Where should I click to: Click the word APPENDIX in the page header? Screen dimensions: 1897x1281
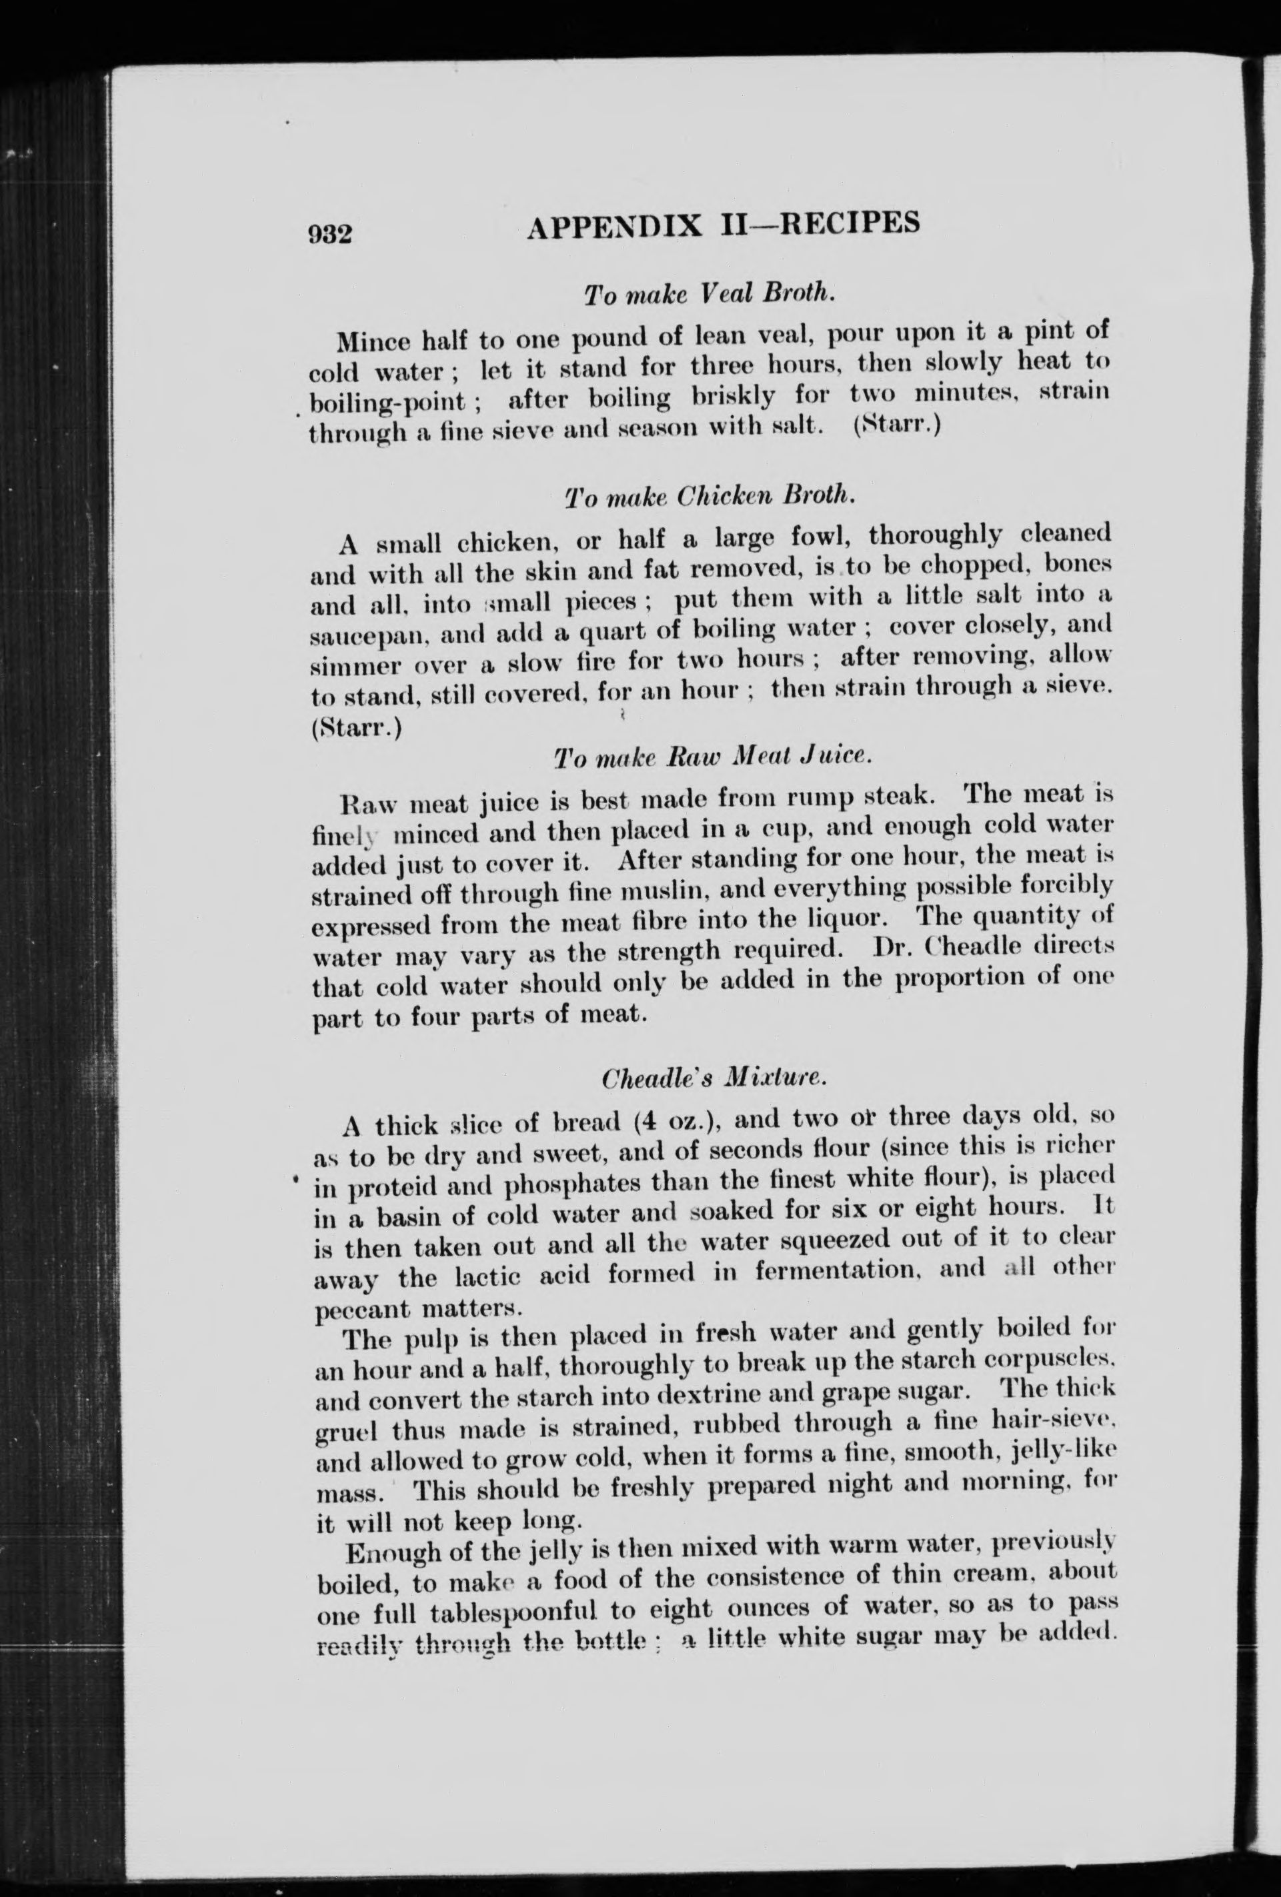(x=615, y=225)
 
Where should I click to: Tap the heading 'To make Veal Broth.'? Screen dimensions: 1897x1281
(x=709, y=295)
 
